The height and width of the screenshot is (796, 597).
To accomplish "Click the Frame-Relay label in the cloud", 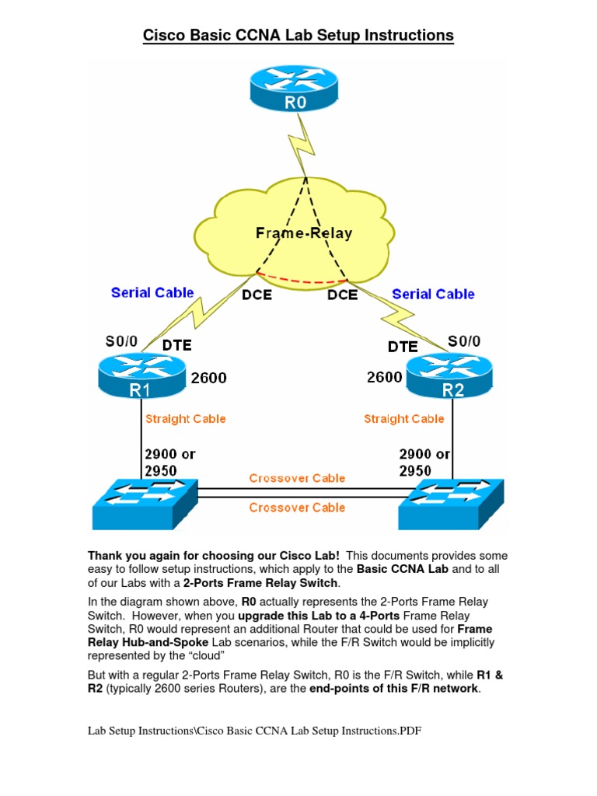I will click(x=304, y=232).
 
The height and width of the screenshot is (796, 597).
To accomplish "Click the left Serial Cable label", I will click(x=152, y=293).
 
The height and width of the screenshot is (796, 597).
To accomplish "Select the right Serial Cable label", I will click(x=433, y=294).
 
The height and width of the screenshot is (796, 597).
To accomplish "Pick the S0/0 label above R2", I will click(x=463, y=340).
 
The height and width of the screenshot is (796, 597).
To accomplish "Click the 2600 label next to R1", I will click(x=208, y=379).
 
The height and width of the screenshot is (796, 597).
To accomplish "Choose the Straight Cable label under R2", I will click(x=403, y=419).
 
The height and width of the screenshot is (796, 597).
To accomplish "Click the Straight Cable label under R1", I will click(x=185, y=419).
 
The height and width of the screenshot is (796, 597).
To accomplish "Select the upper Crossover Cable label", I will click(x=297, y=478).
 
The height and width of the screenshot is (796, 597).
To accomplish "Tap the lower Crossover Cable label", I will click(x=297, y=508).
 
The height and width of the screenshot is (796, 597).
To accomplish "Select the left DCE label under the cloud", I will click(x=257, y=295).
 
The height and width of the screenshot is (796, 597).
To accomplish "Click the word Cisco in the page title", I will click(x=166, y=35).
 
